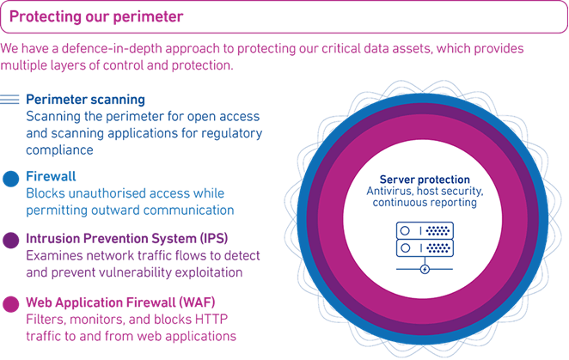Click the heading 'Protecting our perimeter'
click(x=95, y=16)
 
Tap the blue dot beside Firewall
click(x=10, y=178)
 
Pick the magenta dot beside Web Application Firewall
click(x=10, y=303)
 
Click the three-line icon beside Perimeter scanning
click(x=10, y=101)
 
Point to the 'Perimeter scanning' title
click(x=85, y=100)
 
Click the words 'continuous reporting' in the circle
click(x=421, y=203)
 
